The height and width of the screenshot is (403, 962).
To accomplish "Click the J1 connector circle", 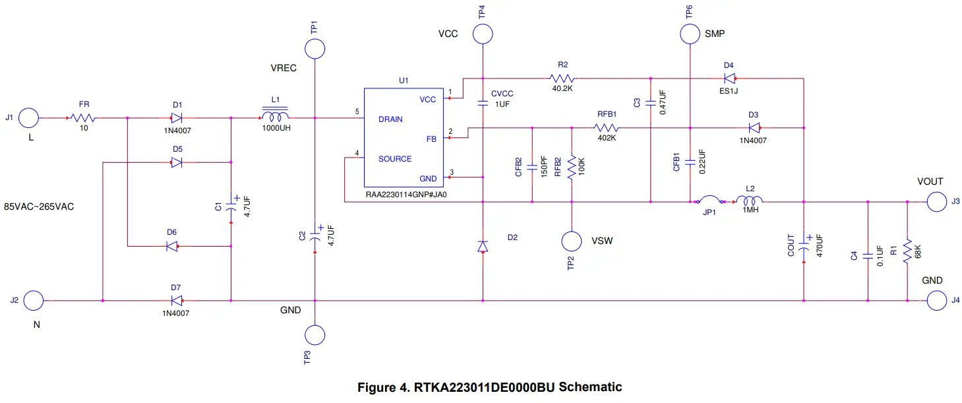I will [29, 119].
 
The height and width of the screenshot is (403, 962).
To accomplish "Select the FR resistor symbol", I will [84, 119].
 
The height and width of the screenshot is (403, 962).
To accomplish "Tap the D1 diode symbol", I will [177, 119].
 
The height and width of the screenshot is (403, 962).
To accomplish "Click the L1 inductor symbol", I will [275, 118].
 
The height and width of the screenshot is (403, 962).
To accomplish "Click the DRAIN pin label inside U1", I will [390, 119].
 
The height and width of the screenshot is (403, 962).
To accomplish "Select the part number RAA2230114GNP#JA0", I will [403, 196].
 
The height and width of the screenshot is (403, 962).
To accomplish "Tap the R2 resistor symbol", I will [562, 78].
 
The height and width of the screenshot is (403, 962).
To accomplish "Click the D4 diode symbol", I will [729, 78].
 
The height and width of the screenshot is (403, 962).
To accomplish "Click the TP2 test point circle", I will [571, 241].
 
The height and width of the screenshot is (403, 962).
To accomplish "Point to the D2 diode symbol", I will [483, 246].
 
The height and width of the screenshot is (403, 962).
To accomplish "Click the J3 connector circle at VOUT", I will [936, 202].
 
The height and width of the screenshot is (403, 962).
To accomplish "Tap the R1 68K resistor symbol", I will [908, 251].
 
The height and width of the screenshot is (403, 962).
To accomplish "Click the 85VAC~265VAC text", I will [39, 206].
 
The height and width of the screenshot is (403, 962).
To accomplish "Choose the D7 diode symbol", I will [176, 301].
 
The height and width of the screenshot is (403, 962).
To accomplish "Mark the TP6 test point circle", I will [690, 34].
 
